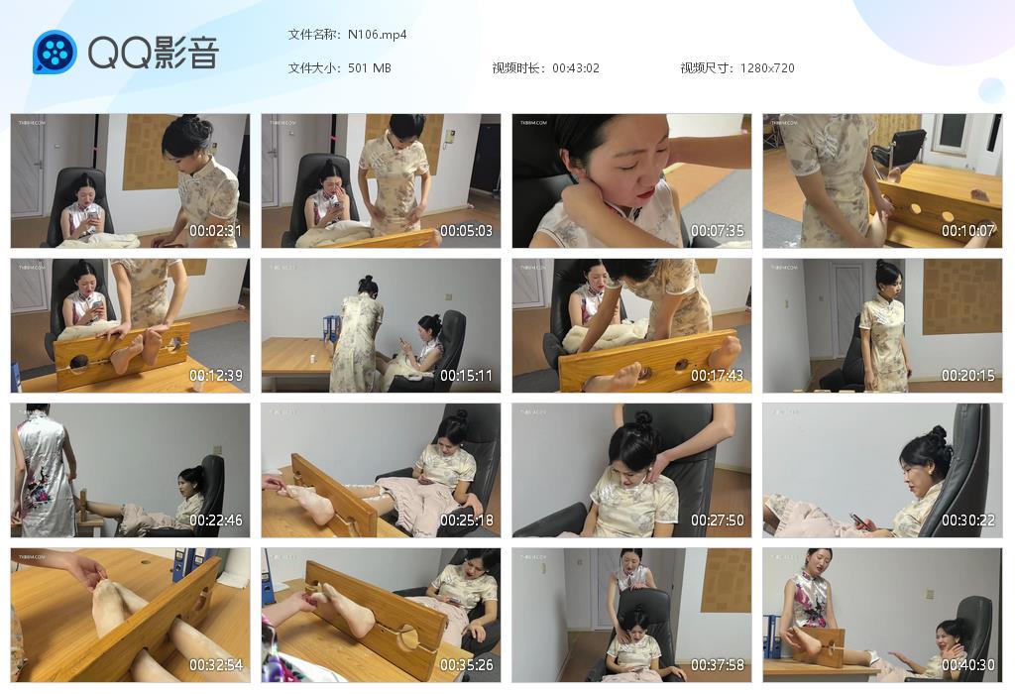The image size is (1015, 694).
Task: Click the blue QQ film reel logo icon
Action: click(55, 53)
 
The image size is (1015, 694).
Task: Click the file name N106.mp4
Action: click(377, 35)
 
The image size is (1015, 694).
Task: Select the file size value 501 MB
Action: click(369, 68)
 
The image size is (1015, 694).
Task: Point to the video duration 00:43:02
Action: click(575, 68)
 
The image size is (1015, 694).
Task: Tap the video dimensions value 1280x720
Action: click(766, 68)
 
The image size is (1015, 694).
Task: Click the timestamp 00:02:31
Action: click(216, 231)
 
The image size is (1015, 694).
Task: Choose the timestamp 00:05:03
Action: click(467, 231)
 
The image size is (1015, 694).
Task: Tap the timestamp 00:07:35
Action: click(718, 231)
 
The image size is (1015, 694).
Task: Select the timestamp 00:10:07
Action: click(968, 231)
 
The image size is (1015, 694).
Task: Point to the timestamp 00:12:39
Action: click(216, 376)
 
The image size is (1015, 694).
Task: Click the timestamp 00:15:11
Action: click(467, 376)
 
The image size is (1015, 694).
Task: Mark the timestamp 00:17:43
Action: click(718, 376)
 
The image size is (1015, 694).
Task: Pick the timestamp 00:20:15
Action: click(968, 376)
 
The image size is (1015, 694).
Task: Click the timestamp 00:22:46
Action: click(216, 520)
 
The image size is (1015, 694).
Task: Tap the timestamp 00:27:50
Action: click(718, 520)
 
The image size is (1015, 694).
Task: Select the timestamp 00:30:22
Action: click(968, 520)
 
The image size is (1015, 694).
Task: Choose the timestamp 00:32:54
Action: click(216, 665)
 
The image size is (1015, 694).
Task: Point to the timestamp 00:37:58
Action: click(718, 665)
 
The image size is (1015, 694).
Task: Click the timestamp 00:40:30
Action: click(968, 665)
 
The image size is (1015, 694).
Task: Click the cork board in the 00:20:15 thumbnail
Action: click(960, 296)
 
